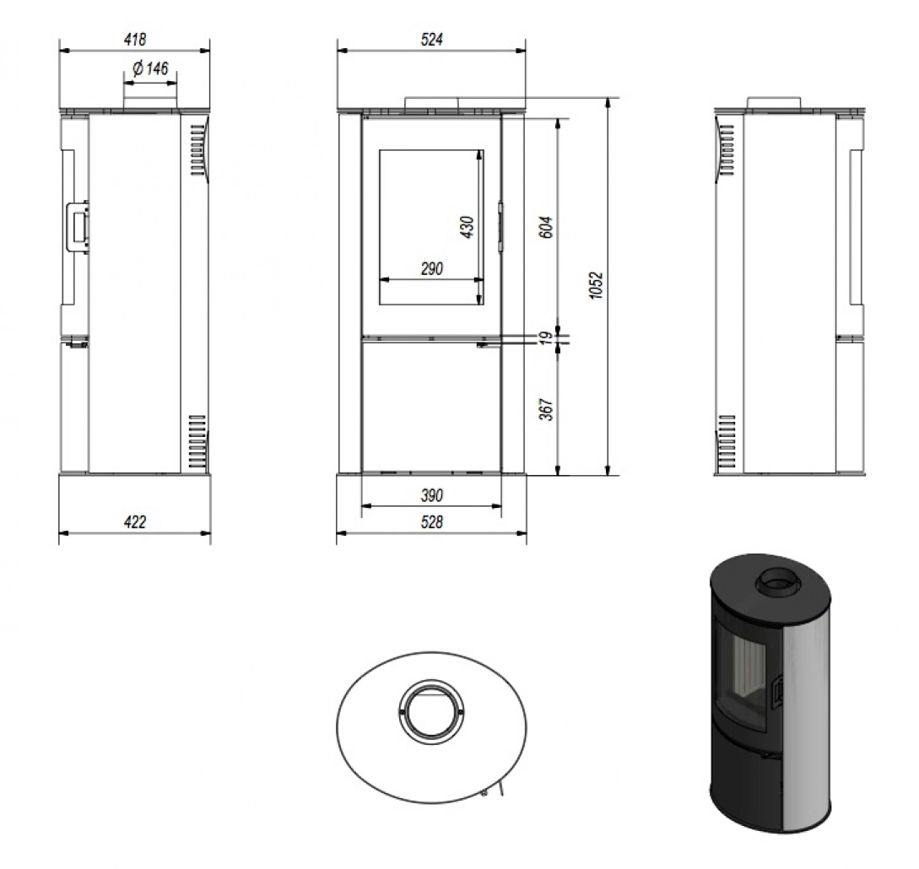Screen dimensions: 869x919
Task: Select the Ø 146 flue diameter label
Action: point(150,69)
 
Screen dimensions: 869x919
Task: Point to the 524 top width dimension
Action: point(431,39)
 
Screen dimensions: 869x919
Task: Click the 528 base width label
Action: point(431,522)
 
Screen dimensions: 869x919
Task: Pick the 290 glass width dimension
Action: point(431,269)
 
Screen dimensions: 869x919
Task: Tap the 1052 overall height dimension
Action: point(596,287)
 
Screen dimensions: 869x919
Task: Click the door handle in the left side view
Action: point(77,225)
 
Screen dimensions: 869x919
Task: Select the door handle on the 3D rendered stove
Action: point(779,691)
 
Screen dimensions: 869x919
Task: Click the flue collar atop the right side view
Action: point(775,104)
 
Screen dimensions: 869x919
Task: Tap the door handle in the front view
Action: point(500,226)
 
